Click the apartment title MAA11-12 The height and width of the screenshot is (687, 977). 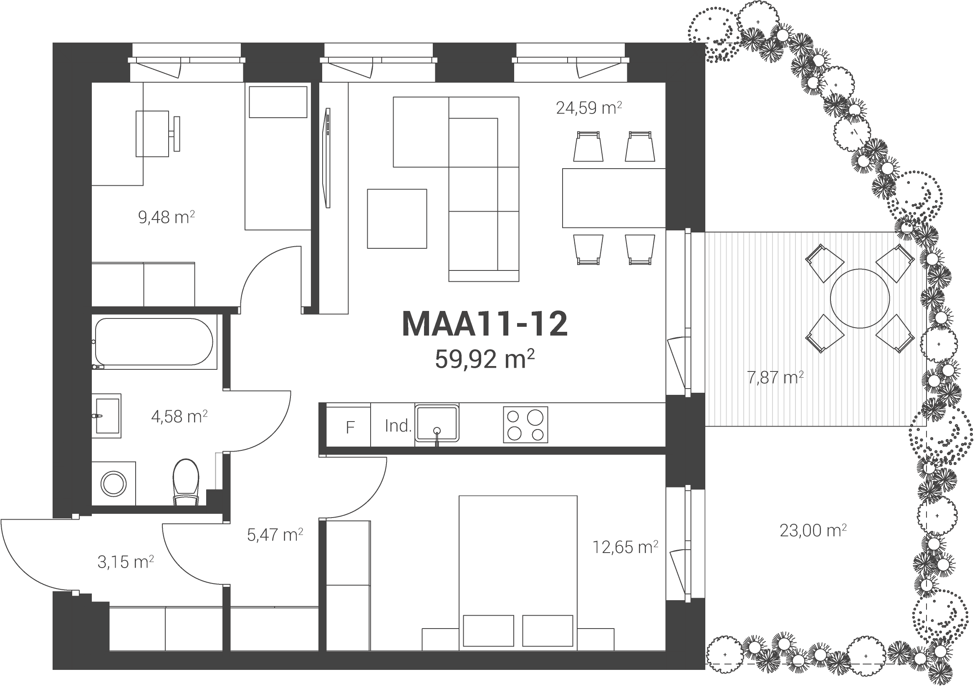pyautogui.click(x=484, y=324)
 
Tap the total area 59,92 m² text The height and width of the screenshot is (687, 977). pyautogui.click(x=484, y=359)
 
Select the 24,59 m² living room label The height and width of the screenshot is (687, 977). pyautogui.click(x=589, y=108)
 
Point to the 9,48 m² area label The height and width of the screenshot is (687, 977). pyautogui.click(x=167, y=217)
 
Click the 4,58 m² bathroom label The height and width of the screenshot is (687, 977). pyautogui.click(x=179, y=416)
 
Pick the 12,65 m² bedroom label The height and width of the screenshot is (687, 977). pyautogui.click(x=626, y=547)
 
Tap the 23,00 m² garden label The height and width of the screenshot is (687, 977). pyautogui.click(x=813, y=530)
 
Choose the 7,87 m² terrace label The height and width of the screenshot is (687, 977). pyautogui.click(x=775, y=377)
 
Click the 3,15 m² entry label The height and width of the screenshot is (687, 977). pyautogui.click(x=126, y=562)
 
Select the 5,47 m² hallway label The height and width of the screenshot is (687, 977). pyautogui.click(x=275, y=535)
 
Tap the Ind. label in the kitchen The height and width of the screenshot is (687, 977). pyautogui.click(x=397, y=426)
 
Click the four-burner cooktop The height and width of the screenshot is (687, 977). pyautogui.click(x=525, y=425)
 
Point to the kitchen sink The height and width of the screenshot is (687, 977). pyautogui.click(x=437, y=424)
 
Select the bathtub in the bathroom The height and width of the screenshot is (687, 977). pyautogui.click(x=154, y=342)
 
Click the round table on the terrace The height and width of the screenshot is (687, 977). pyautogui.click(x=860, y=298)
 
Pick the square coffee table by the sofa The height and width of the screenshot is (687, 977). pyautogui.click(x=397, y=219)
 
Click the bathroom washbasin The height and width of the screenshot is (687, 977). pyautogui.click(x=107, y=416)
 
